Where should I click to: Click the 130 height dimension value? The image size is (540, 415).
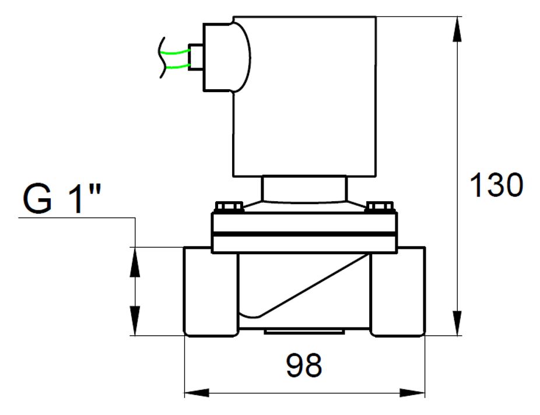click(x=496, y=185)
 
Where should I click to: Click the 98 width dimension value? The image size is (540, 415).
click(x=304, y=366)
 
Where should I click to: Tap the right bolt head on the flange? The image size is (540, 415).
click(x=380, y=207)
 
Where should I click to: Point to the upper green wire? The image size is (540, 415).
click(x=176, y=52)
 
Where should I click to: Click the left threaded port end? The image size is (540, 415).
click(x=211, y=291)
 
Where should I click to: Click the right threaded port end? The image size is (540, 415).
click(x=398, y=291)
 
